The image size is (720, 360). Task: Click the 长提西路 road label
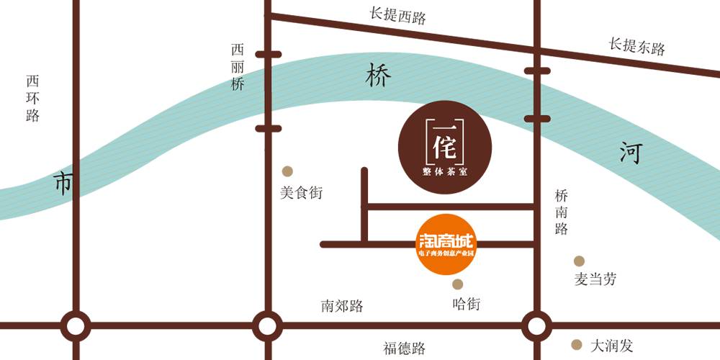(397, 16)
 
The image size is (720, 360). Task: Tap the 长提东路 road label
(636, 46)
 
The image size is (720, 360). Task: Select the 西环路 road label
(32, 98)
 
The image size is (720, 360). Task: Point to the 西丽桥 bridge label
(238, 67)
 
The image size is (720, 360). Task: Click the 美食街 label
(301, 194)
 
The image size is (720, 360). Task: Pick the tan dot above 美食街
(287, 171)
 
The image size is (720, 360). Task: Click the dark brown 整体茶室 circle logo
(445, 146)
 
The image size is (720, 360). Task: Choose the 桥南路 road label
(562, 212)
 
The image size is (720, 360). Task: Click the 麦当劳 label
(595, 280)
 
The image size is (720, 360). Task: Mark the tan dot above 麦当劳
(579, 261)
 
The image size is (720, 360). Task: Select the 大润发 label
(611, 346)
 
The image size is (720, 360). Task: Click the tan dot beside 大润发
(576, 344)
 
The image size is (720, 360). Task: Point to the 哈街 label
(466, 304)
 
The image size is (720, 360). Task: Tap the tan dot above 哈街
(457, 284)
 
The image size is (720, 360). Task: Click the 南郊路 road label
(342, 306)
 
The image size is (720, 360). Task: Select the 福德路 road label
(404, 348)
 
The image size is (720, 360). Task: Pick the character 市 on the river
(63, 184)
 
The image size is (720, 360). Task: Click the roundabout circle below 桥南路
(536, 325)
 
